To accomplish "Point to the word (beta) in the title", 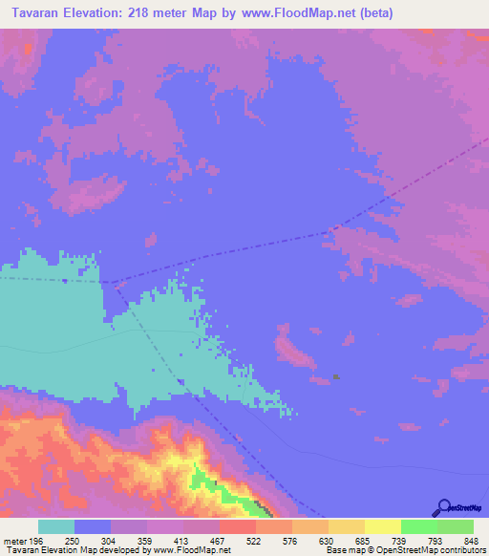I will click(x=372, y=13).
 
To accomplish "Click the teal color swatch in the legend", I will click(x=56, y=526).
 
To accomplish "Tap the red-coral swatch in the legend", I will click(x=237, y=526).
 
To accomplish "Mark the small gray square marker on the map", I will click(x=337, y=376).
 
